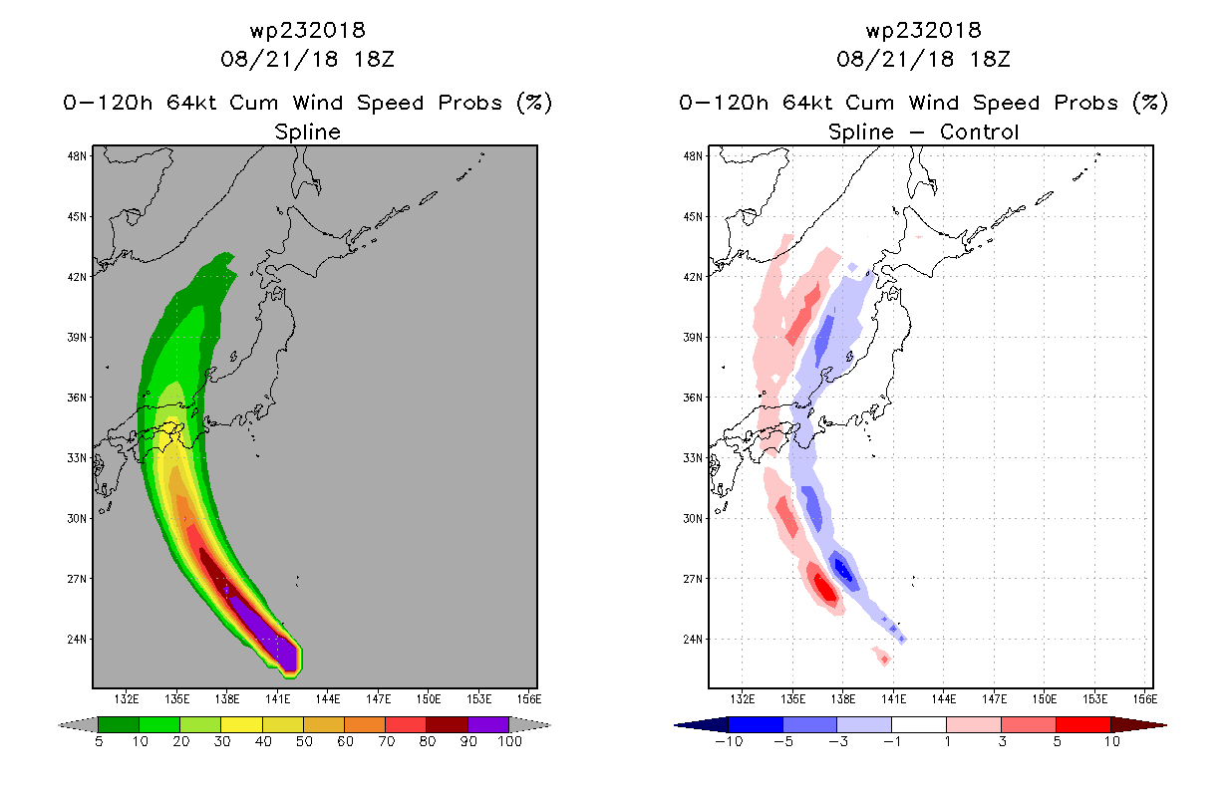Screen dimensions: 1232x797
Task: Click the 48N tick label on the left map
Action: pyautogui.click(x=77, y=156)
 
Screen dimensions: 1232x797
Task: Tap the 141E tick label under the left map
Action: pyautogui.click(x=277, y=699)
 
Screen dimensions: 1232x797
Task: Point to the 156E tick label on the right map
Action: pyautogui.click(x=1145, y=699)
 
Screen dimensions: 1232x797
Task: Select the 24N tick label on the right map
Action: pyautogui.click(x=693, y=640)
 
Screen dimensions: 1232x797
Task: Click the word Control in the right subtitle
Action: pyautogui.click(x=979, y=132)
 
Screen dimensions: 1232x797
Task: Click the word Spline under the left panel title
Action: pyautogui.click(x=307, y=132)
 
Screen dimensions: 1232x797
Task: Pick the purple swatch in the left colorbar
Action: pyautogui.click(x=488, y=724)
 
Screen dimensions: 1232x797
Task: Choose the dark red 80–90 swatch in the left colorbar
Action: pyautogui.click(x=447, y=724)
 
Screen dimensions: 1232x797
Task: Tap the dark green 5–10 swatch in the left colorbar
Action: pyautogui.click(x=119, y=724)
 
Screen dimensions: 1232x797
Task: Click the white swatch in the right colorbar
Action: pyautogui.click(x=918, y=724)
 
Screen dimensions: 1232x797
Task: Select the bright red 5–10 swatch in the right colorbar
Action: pyautogui.click(x=1082, y=724)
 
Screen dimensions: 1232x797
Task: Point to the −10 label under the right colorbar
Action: pyautogui.click(x=729, y=741)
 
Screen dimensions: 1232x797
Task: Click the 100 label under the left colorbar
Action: pyautogui.click(x=509, y=741)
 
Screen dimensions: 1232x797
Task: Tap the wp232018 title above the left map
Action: pyautogui.click(x=307, y=30)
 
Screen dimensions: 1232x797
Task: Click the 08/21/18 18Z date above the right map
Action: pyautogui.click(x=923, y=59)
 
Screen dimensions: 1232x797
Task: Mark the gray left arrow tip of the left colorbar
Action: pyautogui.click(x=59, y=725)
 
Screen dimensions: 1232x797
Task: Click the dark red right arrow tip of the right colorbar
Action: pyautogui.click(x=1165, y=725)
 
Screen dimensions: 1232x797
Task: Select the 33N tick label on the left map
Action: pyautogui.click(x=77, y=458)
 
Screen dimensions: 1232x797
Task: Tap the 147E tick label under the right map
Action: pyautogui.click(x=994, y=699)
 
